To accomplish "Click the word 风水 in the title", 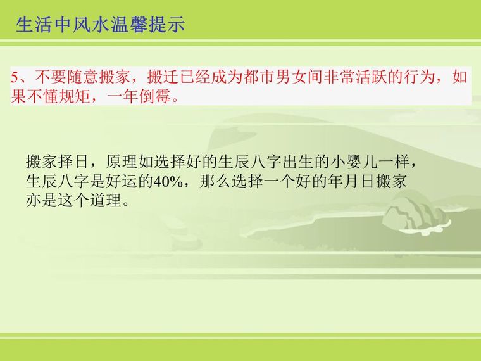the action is click(86, 25).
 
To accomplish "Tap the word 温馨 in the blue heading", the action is click(128, 25).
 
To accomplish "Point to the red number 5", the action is click(15, 77).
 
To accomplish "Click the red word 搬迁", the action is click(163, 77).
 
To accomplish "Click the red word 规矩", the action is click(74, 96).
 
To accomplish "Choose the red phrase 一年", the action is click(122, 96).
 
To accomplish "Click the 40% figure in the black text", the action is click(168, 181).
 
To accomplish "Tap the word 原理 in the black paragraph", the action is click(122, 161).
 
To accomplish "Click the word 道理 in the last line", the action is click(106, 201).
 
